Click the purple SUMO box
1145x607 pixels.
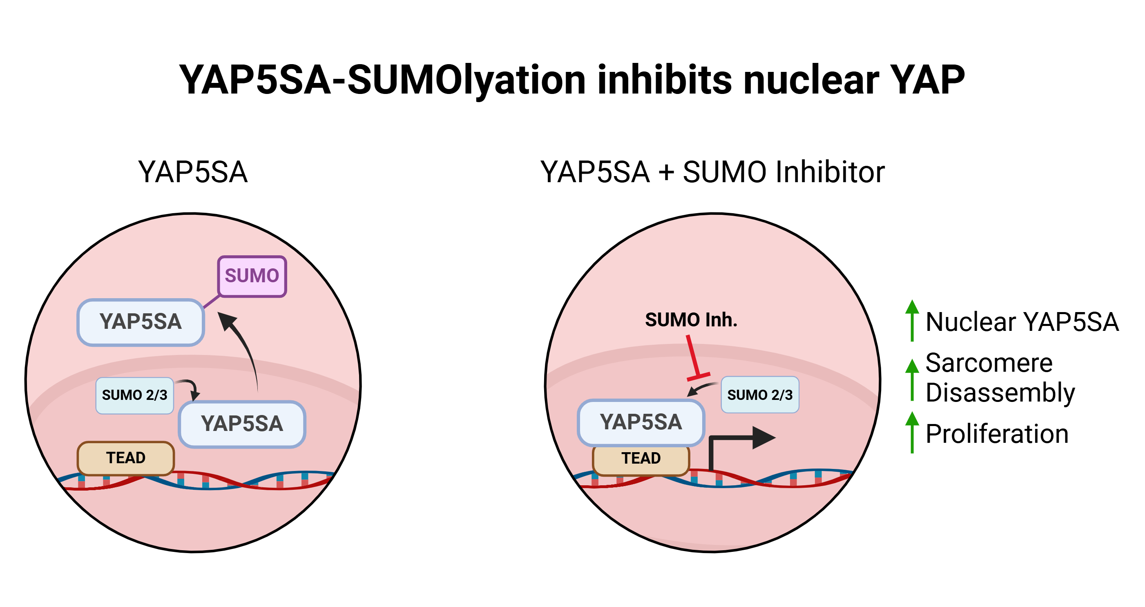point(252,276)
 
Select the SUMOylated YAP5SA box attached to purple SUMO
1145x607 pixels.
point(141,322)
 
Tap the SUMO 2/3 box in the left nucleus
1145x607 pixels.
point(134,395)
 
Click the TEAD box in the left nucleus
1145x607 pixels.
point(126,457)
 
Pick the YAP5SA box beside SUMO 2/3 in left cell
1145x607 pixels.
point(242,424)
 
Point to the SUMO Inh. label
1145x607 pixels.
point(691,320)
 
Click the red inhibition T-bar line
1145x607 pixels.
point(693,358)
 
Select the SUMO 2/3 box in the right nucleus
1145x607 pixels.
point(760,395)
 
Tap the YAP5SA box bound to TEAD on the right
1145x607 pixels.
point(641,422)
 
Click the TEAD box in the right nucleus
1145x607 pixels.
point(641,459)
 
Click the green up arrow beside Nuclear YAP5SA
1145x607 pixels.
point(912,320)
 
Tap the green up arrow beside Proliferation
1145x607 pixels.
point(912,432)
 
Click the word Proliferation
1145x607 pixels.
point(997,434)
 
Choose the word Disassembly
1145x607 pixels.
point(1000,393)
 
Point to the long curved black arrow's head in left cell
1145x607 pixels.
point(227,320)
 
